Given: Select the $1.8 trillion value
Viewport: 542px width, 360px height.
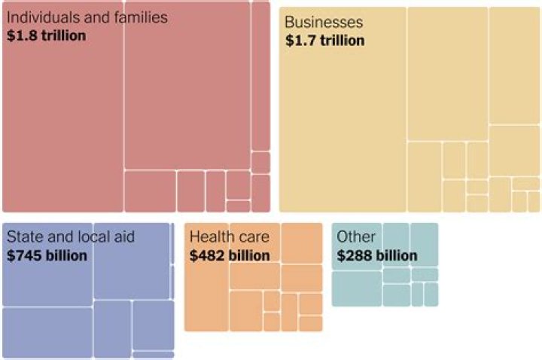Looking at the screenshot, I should pos(46,35).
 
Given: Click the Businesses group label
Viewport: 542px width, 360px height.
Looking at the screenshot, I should pos(324,23).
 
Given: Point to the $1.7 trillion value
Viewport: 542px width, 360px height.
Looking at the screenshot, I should pos(324,41).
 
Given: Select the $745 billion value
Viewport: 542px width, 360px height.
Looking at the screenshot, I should pos(47,256).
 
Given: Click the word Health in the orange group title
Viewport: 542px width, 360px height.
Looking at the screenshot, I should pos(209,237).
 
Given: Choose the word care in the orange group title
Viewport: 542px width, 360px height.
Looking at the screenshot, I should pos(252,237).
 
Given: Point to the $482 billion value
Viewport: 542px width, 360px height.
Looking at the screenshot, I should pos(230,256).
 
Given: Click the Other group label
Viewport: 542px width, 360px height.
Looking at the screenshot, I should pos(356,237).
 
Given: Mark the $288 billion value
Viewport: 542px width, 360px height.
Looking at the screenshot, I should pos(377,256).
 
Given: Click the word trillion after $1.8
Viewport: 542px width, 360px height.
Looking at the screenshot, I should pos(61,35).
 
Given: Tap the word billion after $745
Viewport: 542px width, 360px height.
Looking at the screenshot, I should pos(65,256).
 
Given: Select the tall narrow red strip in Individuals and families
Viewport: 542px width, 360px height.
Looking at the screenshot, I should pos(260,75).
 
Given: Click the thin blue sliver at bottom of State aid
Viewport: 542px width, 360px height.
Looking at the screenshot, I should pos(153,354).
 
